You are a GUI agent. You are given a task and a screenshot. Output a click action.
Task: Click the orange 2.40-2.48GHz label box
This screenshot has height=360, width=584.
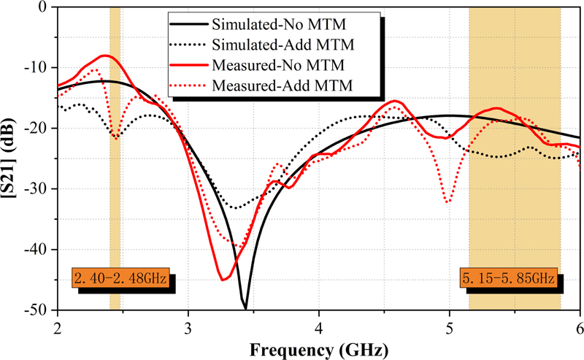point(120,279)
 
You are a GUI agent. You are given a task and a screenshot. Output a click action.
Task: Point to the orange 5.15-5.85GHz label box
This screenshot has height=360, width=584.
point(509,279)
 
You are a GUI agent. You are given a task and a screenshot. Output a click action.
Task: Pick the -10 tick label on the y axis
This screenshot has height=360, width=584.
point(35,68)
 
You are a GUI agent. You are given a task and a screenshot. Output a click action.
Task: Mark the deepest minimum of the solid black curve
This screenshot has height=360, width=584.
point(245,308)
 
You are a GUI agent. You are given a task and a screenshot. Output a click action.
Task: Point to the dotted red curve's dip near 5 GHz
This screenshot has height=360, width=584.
point(447,202)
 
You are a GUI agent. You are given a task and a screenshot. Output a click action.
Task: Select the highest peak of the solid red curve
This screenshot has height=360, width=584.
point(107,55)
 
